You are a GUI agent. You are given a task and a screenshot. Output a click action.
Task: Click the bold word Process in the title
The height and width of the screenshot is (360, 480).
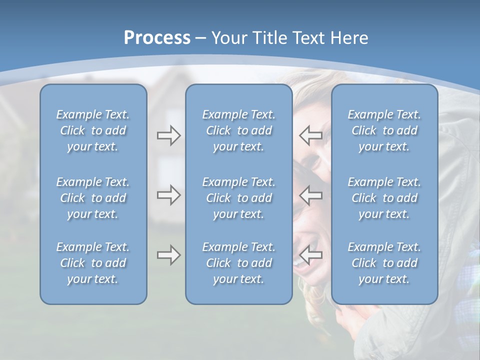click(157, 38)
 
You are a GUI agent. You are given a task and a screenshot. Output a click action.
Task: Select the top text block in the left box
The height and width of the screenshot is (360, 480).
click(93, 130)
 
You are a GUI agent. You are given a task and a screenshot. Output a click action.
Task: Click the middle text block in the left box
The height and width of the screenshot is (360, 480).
click(93, 198)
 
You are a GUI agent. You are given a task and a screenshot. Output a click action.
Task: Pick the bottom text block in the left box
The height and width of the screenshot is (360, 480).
click(93, 263)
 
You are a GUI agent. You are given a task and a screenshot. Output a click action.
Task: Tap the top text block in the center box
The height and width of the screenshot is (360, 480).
click(238, 130)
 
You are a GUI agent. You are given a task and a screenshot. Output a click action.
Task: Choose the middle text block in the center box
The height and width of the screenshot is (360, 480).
click(238, 198)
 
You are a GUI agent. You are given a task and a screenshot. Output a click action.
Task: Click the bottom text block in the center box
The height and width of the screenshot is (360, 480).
click(238, 263)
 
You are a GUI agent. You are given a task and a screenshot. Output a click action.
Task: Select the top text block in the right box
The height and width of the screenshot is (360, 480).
click(384, 130)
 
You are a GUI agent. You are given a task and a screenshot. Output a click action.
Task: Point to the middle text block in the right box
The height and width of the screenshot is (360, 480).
click(384, 198)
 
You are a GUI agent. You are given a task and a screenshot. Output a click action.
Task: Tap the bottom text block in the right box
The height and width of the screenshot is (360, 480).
click(384, 263)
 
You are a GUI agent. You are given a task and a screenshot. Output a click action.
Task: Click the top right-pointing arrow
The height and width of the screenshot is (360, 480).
click(168, 135)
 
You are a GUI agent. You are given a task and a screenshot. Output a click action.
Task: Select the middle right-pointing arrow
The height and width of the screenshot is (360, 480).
click(168, 195)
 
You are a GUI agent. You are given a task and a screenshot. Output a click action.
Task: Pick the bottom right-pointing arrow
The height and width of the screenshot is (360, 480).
click(168, 255)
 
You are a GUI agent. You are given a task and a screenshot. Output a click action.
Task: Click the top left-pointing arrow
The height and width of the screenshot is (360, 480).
click(311, 135)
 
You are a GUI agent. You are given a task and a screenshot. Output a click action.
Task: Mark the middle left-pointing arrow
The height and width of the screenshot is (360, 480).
click(311, 195)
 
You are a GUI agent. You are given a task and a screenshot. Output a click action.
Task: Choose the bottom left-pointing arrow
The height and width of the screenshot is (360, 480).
click(311, 255)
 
